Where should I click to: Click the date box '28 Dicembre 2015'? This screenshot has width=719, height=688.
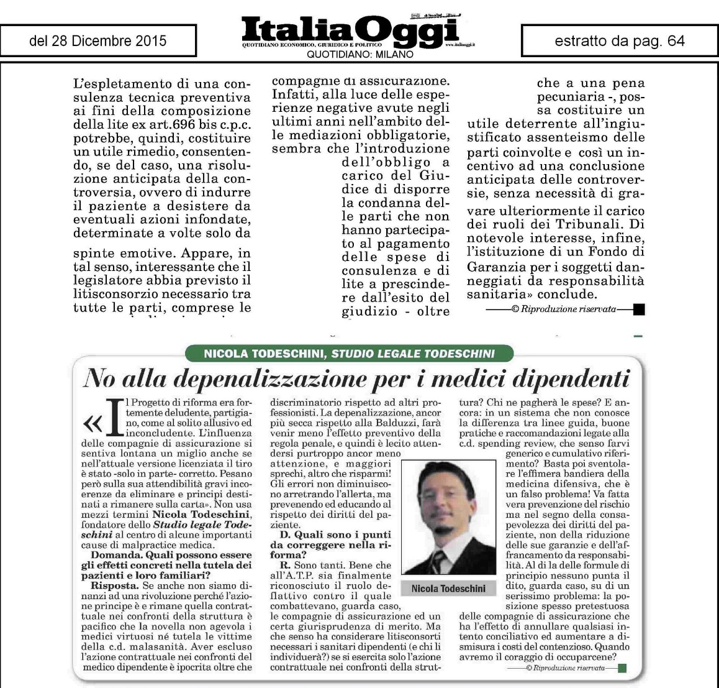(x=98, y=41)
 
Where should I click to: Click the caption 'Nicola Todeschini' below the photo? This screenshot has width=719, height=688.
(x=448, y=588)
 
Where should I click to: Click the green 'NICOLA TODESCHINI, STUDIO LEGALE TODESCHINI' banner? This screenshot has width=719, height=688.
(x=350, y=354)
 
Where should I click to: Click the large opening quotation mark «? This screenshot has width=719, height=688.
(x=93, y=423)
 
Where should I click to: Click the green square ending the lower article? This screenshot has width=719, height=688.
(x=623, y=668)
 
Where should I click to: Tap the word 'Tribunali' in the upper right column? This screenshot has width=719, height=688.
(x=599, y=224)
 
